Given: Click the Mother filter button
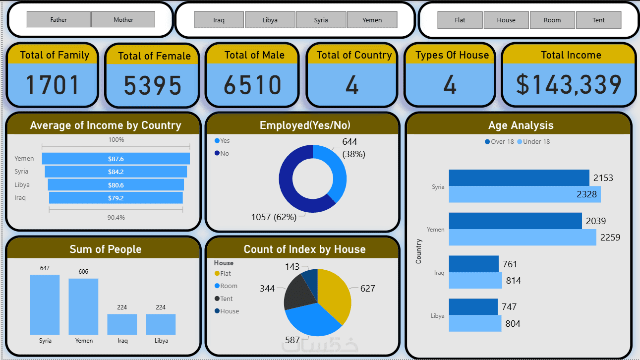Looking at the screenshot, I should (123, 20).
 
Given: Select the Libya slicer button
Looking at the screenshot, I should (270, 20).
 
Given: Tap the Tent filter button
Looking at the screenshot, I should (598, 20).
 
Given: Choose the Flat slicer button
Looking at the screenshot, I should (460, 20).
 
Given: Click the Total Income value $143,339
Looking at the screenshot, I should (569, 85).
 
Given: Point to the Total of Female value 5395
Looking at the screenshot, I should (153, 86).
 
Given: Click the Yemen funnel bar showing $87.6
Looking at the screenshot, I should (116, 159).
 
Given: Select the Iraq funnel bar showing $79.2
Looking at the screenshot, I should (116, 198).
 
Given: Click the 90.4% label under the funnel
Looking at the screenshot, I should (116, 218).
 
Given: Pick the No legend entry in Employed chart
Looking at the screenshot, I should (225, 154).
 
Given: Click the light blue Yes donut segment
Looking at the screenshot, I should (335, 169).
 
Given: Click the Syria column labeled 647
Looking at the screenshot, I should (45, 304).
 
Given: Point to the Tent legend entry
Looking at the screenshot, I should (226, 299).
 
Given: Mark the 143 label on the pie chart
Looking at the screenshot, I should (292, 267).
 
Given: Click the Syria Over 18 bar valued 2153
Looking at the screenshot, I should (519, 178).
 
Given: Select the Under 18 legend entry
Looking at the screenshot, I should (536, 142).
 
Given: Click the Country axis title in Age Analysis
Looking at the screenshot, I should (419, 251).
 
